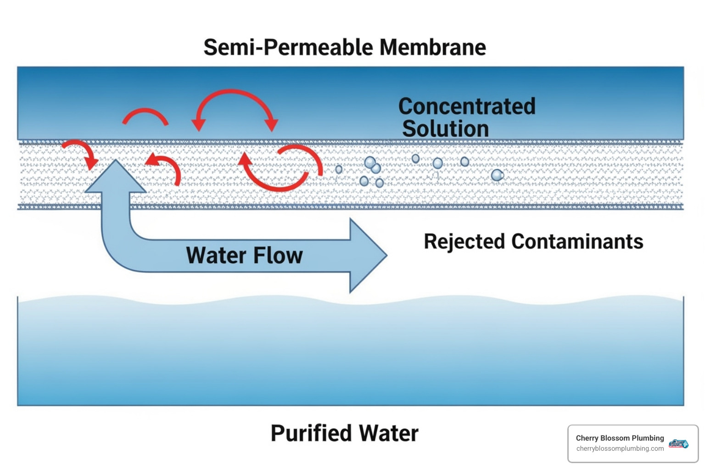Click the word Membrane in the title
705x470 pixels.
[x=432, y=47]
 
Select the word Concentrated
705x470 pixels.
[x=467, y=106]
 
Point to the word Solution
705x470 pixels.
[x=445, y=129]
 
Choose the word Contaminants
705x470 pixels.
[x=577, y=242]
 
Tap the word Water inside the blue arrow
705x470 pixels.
[x=216, y=255]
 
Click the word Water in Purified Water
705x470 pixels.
[x=388, y=433]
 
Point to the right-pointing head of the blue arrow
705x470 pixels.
[x=367, y=256]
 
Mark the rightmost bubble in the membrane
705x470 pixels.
[x=497, y=175]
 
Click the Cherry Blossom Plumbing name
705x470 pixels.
[x=620, y=438]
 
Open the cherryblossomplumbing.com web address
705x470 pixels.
[x=620, y=448]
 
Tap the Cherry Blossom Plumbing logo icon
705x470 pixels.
[x=678, y=443]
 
